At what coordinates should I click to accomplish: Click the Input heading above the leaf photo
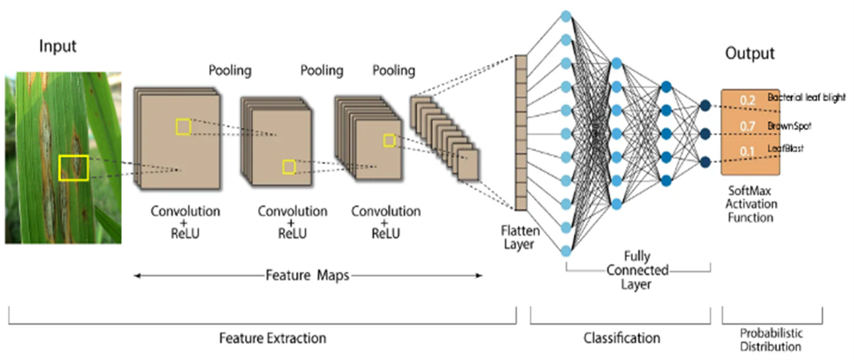(58, 47)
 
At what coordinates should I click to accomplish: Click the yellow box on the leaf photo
(73, 168)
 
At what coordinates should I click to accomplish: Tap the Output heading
(750, 53)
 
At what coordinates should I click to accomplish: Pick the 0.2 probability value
(748, 100)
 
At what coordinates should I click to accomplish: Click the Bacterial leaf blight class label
(807, 97)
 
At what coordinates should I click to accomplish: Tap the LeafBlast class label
(785, 149)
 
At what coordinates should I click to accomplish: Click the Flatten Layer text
(517, 237)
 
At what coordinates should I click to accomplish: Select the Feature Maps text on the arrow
(308, 275)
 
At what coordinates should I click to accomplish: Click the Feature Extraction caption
(272, 338)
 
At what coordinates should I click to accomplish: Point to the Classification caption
(622, 338)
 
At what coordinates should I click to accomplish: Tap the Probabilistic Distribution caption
(772, 340)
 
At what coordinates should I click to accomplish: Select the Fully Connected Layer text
(637, 269)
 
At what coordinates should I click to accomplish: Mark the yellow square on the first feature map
(183, 127)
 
